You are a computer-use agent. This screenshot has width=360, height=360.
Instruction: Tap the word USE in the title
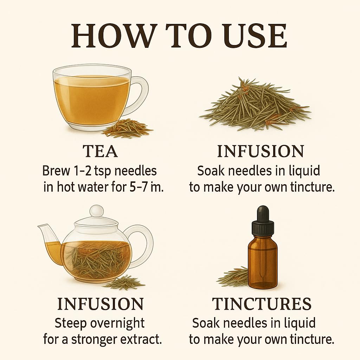(256, 36)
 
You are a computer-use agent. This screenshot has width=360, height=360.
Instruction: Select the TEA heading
(100, 151)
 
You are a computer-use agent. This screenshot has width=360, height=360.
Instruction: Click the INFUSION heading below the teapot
(100, 304)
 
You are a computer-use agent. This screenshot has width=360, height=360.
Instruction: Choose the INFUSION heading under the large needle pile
(261, 151)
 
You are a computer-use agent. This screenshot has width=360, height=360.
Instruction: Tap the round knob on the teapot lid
(96, 211)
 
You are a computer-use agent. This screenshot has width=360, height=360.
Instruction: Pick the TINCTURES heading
(262, 304)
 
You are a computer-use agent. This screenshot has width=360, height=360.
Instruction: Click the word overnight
(117, 324)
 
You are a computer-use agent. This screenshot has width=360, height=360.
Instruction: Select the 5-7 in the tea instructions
(138, 187)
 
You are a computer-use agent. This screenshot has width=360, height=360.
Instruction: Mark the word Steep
(71, 324)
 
